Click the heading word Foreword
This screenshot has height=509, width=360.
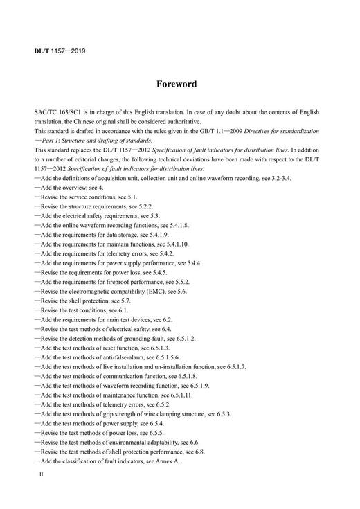point(180,84)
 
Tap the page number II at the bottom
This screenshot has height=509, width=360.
point(42,478)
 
